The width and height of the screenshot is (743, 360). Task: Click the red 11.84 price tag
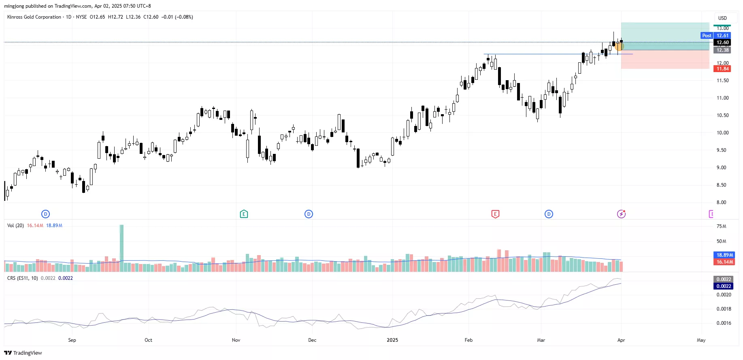click(x=723, y=69)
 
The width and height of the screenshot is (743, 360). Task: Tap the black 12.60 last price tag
click(x=723, y=43)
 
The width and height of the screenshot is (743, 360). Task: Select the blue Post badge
click(x=707, y=36)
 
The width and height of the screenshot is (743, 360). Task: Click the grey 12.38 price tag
click(x=723, y=50)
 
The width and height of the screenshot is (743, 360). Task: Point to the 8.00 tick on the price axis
click(x=722, y=202)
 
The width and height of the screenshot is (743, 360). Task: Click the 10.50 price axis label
click(x=722, y=115)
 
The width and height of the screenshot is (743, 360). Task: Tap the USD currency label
click(x=722, y=18)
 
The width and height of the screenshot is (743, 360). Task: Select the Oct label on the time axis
click(x=148, y=340)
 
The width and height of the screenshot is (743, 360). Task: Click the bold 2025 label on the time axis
click(x=392, y=340)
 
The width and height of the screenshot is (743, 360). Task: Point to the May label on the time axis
click(x=701, y=340)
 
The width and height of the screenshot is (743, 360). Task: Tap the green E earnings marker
click(x=244, y=214)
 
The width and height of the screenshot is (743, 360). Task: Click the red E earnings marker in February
click(x=495, y=214)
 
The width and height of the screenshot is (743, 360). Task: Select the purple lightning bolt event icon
click(x=621, y=214)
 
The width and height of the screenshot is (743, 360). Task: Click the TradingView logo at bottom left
click(x=23, y=353)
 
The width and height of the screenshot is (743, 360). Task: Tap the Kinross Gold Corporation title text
click(x=34, y=17)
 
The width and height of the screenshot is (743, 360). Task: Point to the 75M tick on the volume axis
click(x=721, y=226)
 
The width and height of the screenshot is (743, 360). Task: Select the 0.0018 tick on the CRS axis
click(x=724, y=309)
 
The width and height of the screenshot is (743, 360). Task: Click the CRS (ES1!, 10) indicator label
click(x=23, y=278)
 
